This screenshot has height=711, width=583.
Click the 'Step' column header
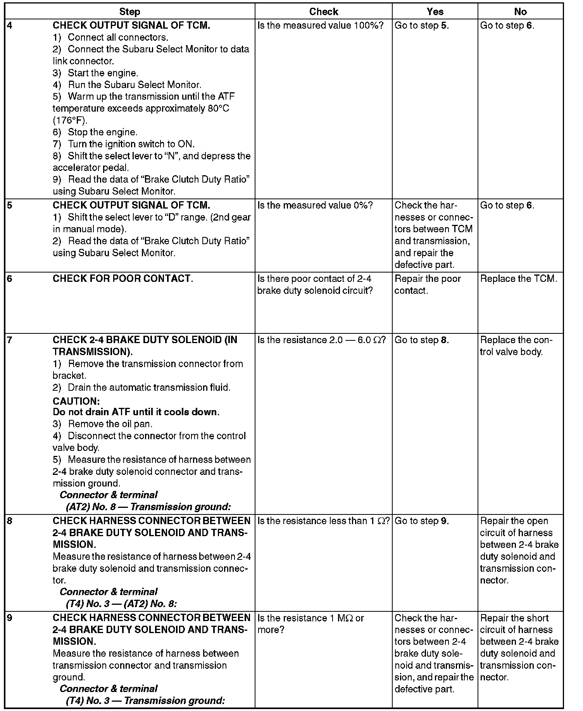pos(129,12)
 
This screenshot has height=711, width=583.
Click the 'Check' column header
pos(324,12)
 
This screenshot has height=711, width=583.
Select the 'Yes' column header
pos(435,12)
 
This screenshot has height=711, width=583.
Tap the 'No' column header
pos(520,12)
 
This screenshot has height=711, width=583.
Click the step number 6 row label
pos(10,279)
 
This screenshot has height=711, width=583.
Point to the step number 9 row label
pos(10,618)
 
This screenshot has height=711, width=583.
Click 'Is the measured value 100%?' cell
pos(320,26)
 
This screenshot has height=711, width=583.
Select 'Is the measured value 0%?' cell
pos(315,205)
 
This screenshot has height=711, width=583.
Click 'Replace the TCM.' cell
pos(519,279)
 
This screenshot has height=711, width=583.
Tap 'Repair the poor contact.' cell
pos(428,285)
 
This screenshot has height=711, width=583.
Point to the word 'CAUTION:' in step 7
pos(76,401)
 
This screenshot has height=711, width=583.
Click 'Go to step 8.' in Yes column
pos(422,340)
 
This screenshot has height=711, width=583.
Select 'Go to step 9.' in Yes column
pos(422,521)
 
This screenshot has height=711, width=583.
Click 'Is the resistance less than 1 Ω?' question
pos(323,521)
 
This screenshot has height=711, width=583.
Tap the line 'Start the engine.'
pos(103,73)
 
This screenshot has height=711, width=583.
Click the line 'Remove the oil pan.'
pos(110,424)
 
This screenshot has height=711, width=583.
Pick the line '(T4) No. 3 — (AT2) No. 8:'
pos(121,604)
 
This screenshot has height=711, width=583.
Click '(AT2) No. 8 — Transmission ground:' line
pos(148,507)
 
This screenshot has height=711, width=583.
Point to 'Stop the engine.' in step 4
pos(102,133)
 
